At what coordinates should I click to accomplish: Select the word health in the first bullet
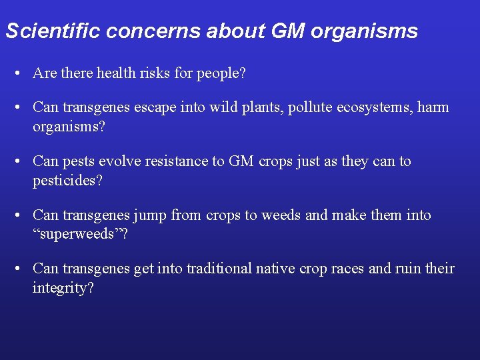[x=117, y=73]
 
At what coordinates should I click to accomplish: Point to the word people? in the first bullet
[x=221, y=73]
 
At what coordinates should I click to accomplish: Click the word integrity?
[x=63, y=289]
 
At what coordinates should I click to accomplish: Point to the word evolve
[x=123, y=161]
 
